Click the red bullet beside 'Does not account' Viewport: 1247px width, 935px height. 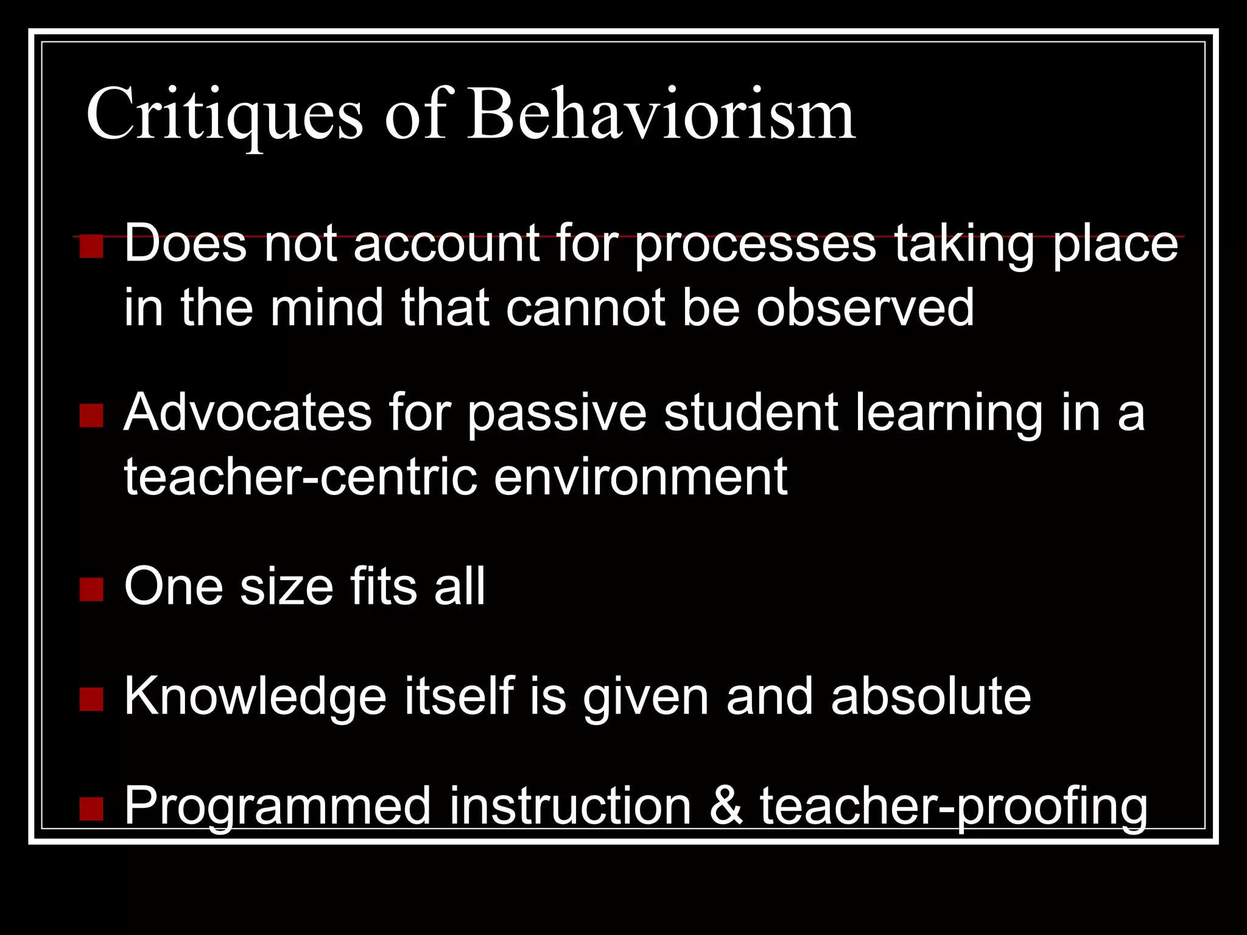pyautogui.click(x=91, y=247)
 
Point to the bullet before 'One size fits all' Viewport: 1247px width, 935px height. pyautogui.click(x=91, y=589)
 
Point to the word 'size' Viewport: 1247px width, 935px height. pyautogui.click(x=286, y=587)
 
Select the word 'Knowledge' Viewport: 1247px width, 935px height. pyautogui.click(x=255, y=697)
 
